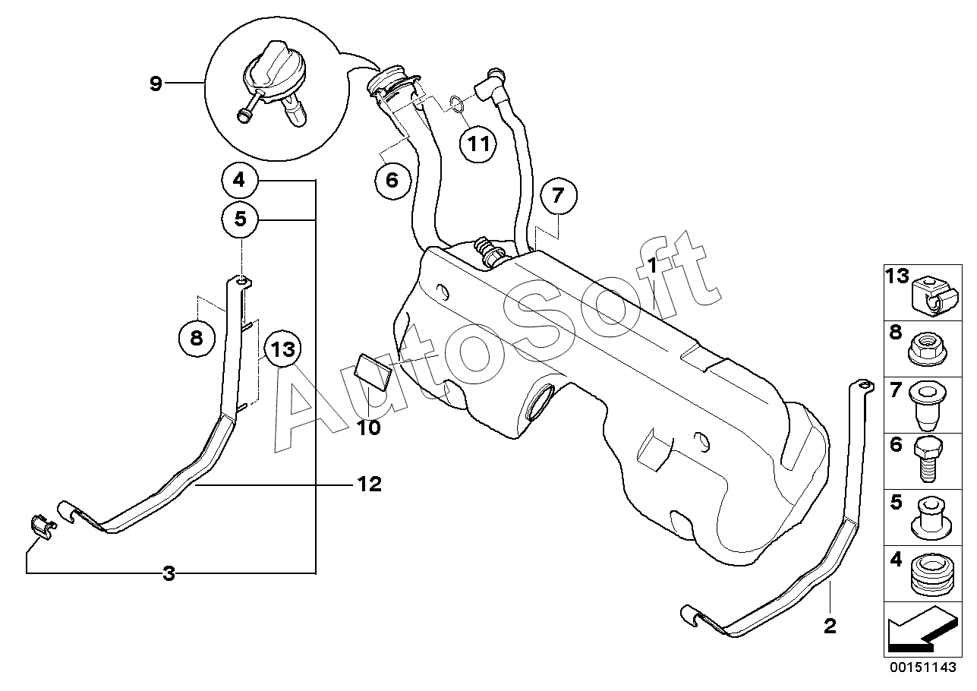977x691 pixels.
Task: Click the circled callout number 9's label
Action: point(156,83)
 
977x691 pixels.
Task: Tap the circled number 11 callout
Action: point(478,144)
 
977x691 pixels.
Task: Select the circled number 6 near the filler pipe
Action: point(392,180)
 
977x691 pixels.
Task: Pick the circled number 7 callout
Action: point(559,196)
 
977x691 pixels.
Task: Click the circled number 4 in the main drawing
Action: point(239,180)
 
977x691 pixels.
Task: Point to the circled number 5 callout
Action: point(240,219)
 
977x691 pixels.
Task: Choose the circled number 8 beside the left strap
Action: point(197,338)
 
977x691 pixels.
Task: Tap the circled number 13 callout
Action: point(283,349)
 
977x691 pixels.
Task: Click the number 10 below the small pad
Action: point(370,428)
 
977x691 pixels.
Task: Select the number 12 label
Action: point(370,484)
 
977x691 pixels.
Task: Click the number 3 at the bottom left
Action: point(169,573)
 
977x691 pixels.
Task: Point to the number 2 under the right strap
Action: point(830,626)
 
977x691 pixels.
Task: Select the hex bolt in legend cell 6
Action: point(928,459)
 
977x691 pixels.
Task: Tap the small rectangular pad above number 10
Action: point(372,371)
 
